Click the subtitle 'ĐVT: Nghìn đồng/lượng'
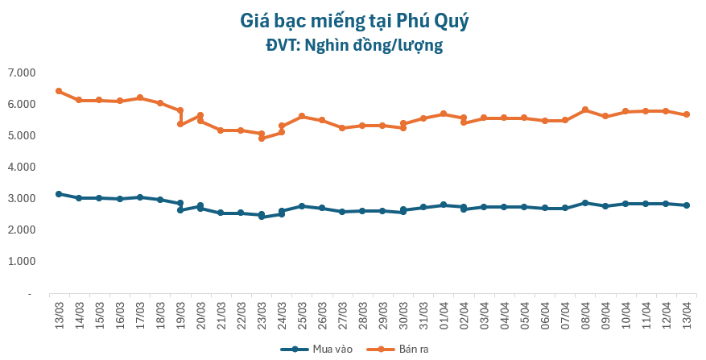coord(354,45)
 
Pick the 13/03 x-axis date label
coord(58,311)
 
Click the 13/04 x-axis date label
coord(687,311)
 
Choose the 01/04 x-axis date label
coord(444,311)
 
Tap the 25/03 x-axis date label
coord(301,311)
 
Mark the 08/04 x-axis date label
coord(585,311)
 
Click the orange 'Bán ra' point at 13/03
coord(59,91)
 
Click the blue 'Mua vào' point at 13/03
coord(59,194)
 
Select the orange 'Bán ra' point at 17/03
coord(140,97)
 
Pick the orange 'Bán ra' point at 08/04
coord(585,110)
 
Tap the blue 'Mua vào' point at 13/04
coord(687,205)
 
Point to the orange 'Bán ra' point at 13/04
coord(687,114)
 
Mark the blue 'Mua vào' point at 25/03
coord(302,206)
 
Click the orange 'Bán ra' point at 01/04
coord(444,114)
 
